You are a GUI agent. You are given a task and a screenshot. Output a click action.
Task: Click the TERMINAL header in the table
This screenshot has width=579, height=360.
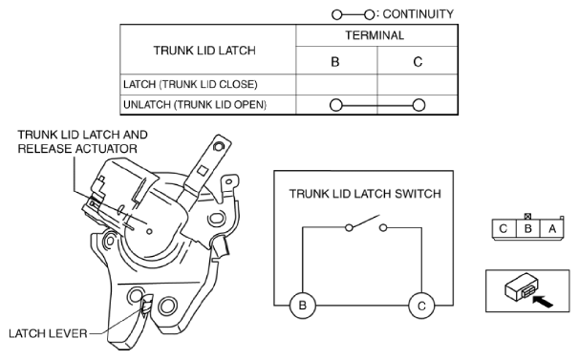pyautogui.click(x=375, y=35)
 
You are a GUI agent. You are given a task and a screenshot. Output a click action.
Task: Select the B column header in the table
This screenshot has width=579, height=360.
pyautogui.click(x=335, y=62)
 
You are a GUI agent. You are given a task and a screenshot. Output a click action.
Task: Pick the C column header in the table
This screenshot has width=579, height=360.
pyautogui.click(x=418, y=62)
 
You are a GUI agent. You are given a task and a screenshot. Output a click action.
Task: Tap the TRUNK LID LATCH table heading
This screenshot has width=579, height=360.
pyautogui.click(x=204, y=51)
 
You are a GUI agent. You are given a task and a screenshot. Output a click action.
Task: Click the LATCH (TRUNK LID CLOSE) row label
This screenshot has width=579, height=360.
pyautogui.click(x=190, y=85)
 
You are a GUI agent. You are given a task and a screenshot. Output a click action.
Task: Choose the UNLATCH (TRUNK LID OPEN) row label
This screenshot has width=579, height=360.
pyautogui.click(x=195, y=105)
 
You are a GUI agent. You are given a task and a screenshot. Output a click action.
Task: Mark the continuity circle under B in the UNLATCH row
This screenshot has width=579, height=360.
pyautogui.click(x=335, y=105)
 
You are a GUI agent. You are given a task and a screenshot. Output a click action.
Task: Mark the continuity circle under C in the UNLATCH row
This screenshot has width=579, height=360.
pyautogui.click(x=418, y=105)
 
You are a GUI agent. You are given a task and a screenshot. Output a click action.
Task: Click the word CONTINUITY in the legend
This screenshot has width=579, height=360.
pyautogui.click(x=418, y=14)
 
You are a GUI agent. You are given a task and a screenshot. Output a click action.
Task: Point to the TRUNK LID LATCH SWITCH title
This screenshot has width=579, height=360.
pyautogui.click(x=365, y=194)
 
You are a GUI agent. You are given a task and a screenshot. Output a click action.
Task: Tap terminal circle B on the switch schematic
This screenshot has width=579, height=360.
pyautogui.click(x=303, y=306)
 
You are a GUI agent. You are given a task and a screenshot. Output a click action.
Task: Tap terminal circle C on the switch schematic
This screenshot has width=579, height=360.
pyautogui.click(x=421, y=306)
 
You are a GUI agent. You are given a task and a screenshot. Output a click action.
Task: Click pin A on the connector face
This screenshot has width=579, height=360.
pyautogui.click(x=552, y=229)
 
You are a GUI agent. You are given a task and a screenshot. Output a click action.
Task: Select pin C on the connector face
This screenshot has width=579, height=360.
pyautogui.click(x=504, y=229)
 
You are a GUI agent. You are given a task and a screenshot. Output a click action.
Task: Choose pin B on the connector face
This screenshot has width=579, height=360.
pyautogui.click(x=528, y=229)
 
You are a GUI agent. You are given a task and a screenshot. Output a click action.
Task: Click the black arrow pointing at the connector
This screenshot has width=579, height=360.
pyautogui.click(x=543, y=301)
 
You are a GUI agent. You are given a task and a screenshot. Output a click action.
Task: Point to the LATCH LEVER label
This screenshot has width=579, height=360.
pyautogui.click(x=48, y=334)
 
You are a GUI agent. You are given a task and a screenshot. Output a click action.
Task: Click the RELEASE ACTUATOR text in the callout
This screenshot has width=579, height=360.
pyautogui.click(x=77, y=149)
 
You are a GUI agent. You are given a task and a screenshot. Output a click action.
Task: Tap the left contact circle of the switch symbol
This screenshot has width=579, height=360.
pyautogui.click(x=349, y=228)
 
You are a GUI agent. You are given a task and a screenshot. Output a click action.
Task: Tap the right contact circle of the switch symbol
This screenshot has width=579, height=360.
pyautogui.click(x=383, y=228)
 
